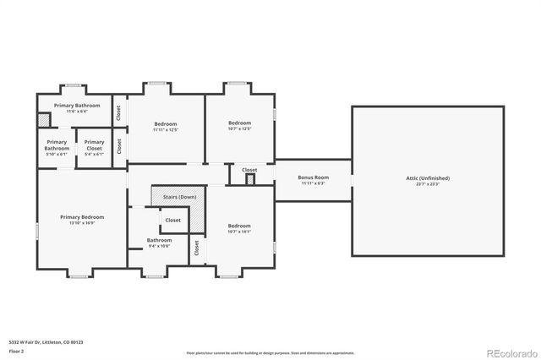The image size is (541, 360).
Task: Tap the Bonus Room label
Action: (x=313, y=177)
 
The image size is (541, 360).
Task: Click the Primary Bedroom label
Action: (x=82, y=217)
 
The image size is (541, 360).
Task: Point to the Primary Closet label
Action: (x=95, y=142)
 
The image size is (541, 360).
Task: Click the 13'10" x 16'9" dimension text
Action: (x=82, y=223)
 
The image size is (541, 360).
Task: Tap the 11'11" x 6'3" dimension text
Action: (x=313, y=183)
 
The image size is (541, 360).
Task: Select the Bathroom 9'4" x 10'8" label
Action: (x=159, y=240)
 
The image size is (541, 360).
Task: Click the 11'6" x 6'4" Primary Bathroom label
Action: (x=77, y=106)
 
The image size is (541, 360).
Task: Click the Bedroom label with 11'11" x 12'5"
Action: (x=165, y=124)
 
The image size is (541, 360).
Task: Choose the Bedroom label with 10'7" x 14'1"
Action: (x=239, y=226)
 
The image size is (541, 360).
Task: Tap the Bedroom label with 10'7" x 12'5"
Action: (x=239, y=123)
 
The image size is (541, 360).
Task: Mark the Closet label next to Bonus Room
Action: (x=249, y=170)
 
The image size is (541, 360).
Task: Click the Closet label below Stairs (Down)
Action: (x=172, y=220)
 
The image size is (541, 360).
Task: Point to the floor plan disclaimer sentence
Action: (x=270, y=353)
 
